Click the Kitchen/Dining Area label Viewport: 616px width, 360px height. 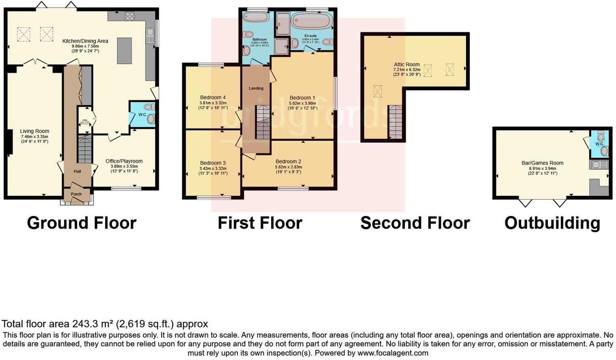point(85,41)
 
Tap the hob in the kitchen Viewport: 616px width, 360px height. point(130,16)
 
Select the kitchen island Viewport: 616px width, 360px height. point(124,51)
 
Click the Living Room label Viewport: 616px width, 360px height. point(34,131)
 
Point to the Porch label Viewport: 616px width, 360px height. point(76,194)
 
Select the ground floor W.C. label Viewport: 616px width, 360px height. point(142,115)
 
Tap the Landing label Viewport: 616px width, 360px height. point(256,88)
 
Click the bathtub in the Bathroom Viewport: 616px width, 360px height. point(255,17)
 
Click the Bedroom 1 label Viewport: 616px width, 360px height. point(302,98)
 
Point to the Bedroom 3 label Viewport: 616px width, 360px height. point(213,163)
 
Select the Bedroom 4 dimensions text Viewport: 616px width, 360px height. point(213,105)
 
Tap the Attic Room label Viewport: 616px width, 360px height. point(406,64)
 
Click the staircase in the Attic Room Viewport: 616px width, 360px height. point(395,122)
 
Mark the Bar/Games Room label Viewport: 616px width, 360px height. point(542,163)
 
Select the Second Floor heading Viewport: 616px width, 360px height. point(415,223)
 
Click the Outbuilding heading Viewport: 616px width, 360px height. point(552,223)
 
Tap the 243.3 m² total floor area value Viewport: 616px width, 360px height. point(93,324)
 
